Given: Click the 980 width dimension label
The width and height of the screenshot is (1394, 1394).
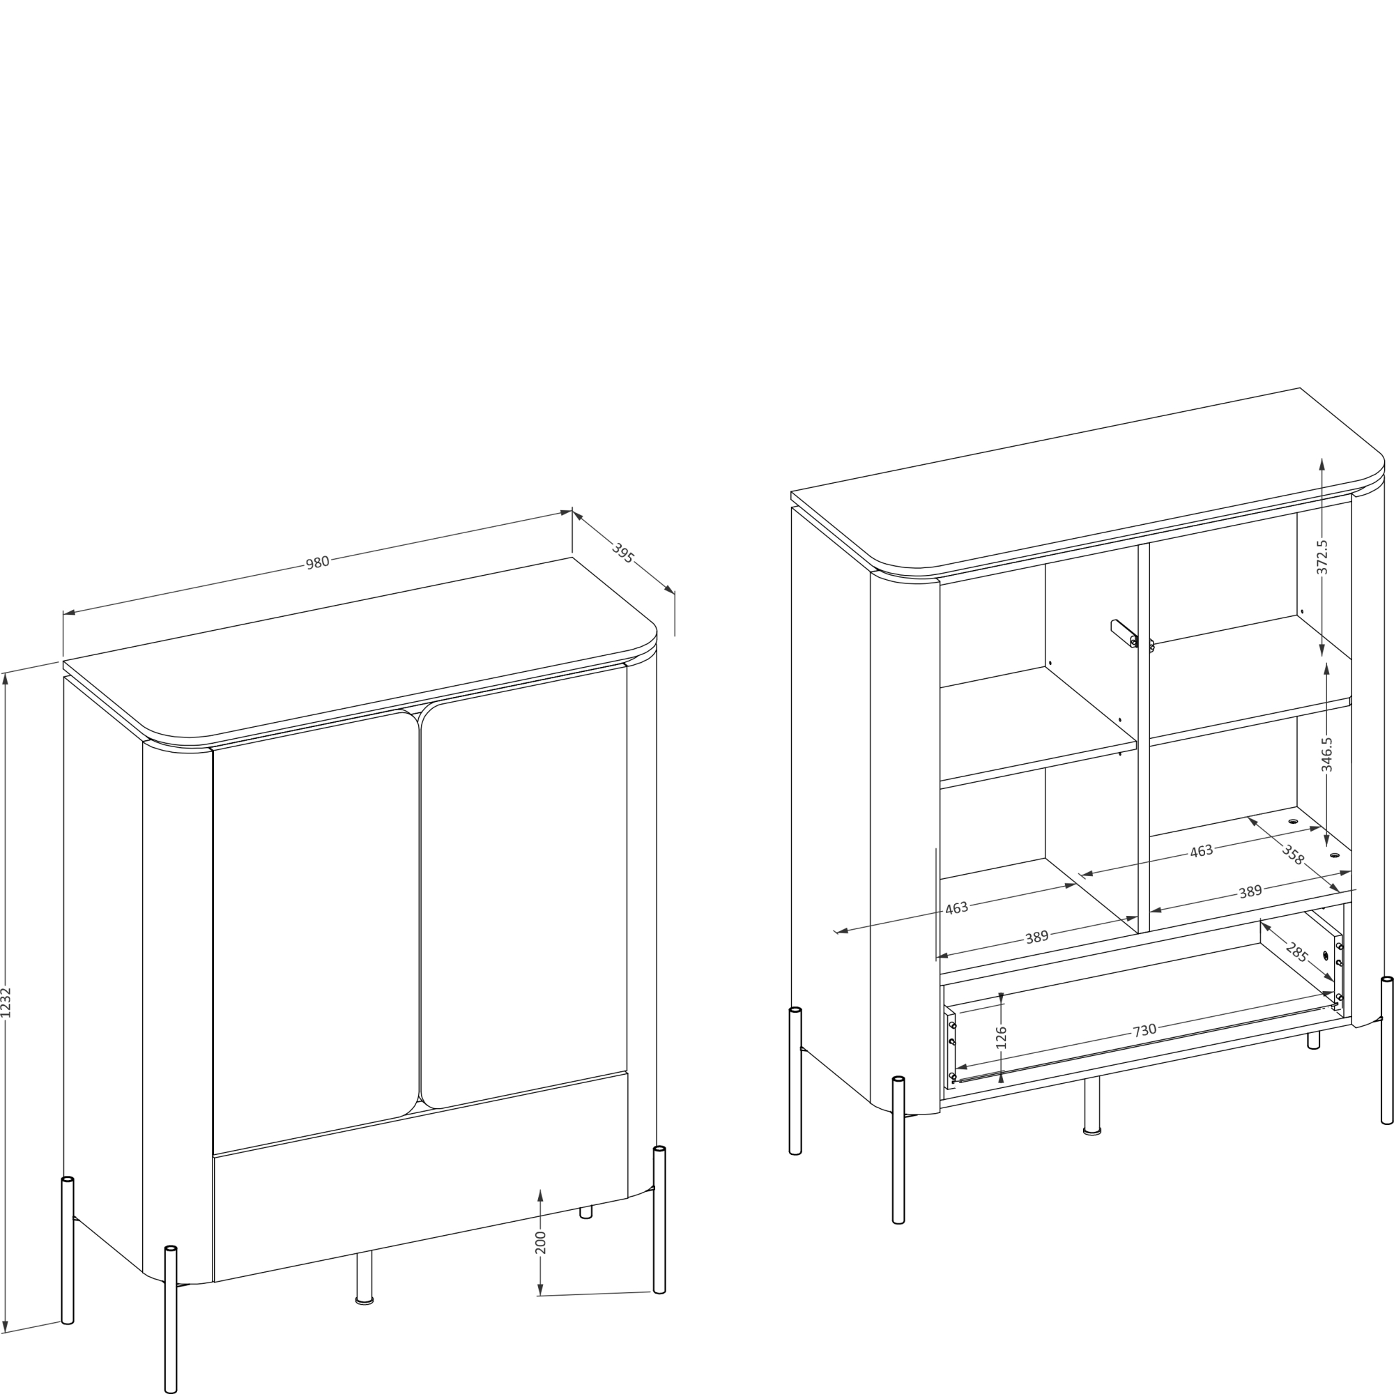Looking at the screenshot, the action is [x=317, y=562].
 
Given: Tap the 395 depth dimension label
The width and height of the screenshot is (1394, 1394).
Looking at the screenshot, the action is [x=622, y=553].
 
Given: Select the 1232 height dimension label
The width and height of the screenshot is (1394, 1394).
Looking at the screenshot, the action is [x=6, y=1002].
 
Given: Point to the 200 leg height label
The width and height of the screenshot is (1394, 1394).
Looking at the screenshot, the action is [x=540, y=1243].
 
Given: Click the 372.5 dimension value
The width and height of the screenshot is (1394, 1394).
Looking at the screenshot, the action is [x=1322, y=557].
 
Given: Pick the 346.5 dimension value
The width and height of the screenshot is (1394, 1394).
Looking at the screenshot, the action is [x=1326, y=754].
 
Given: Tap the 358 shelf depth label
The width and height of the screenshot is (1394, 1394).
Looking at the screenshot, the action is [x=1293, y=855].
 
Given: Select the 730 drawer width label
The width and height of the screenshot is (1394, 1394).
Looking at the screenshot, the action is [x=1144, y=1030].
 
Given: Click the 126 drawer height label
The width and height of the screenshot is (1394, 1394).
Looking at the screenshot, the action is [x=1001, y=1038].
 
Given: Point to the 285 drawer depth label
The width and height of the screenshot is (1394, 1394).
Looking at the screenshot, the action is [x=1296, y=952].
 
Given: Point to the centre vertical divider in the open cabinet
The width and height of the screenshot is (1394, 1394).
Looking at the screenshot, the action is [x=1144, y=737].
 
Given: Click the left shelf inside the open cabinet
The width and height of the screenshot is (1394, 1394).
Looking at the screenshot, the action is [x=1039, y=726].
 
